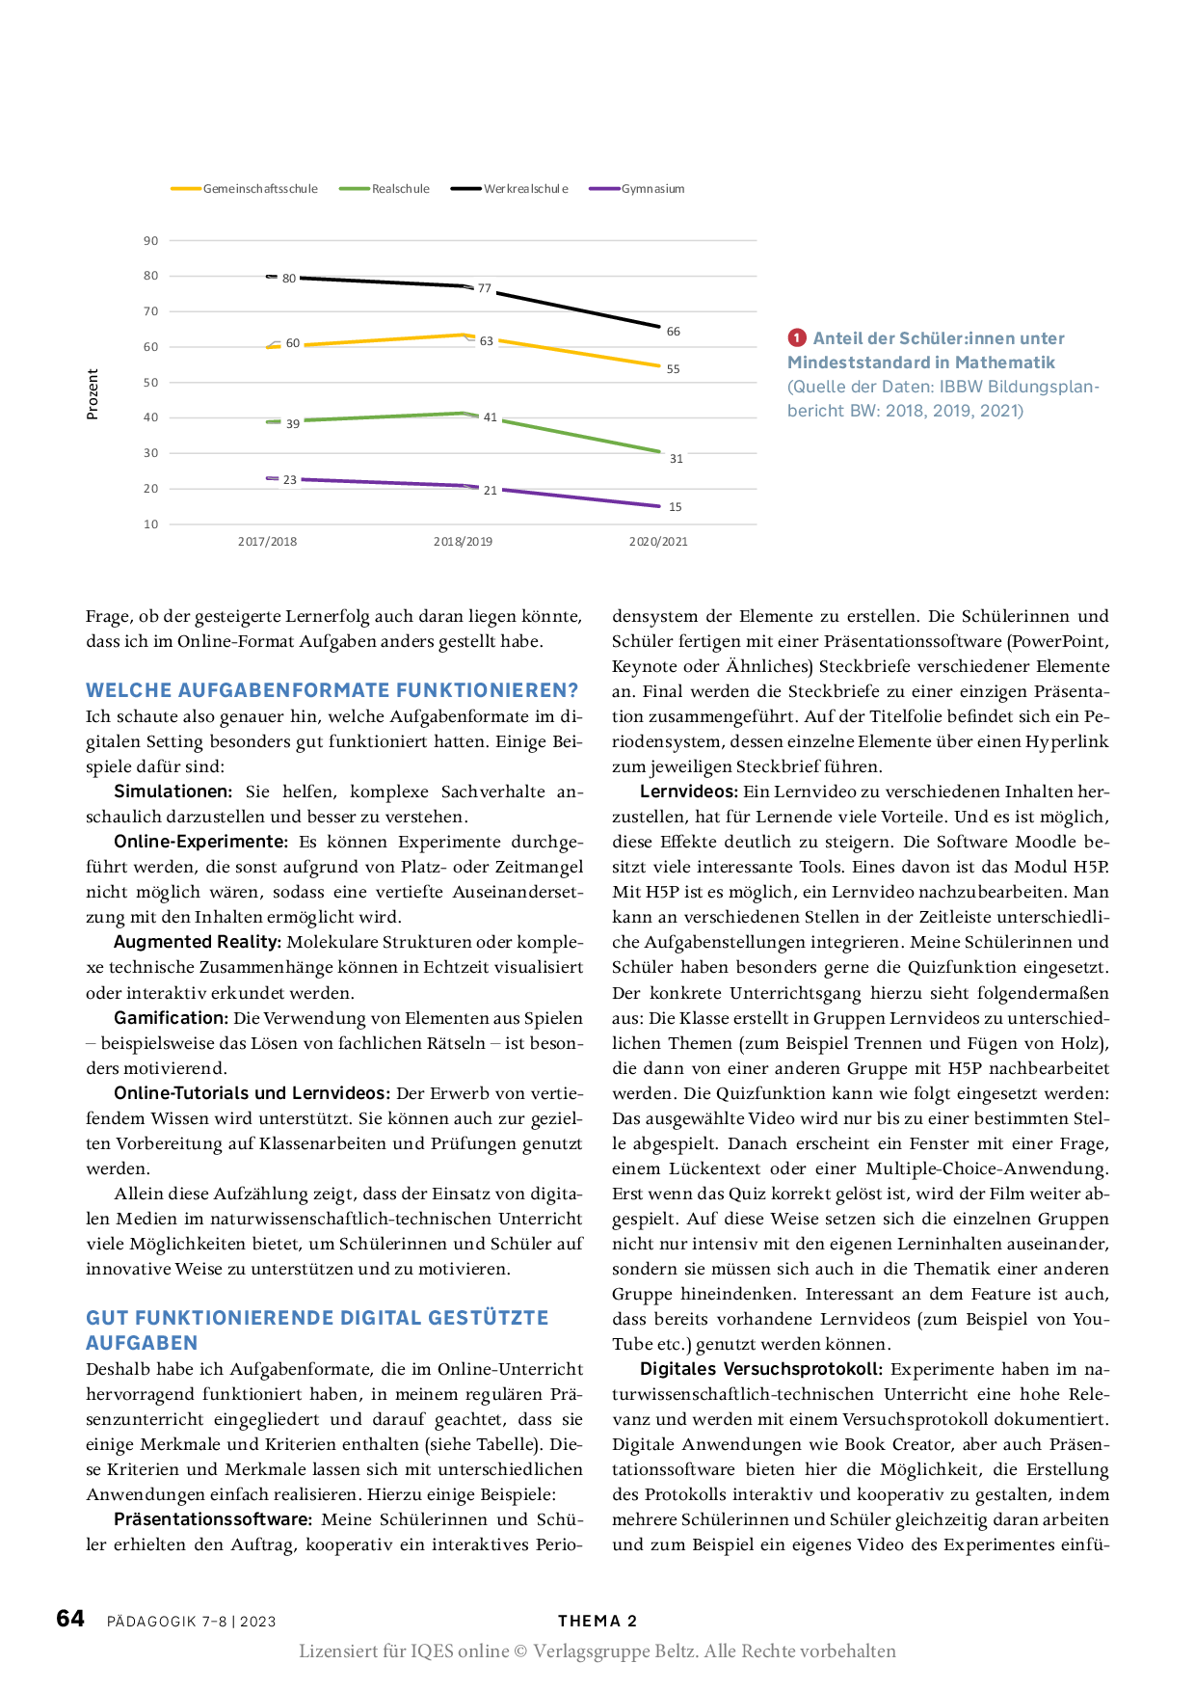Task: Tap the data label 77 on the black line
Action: click(x=485, y=288)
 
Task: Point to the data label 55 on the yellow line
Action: click(x=673, y=369)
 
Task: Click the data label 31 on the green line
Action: click(x=676, y=459)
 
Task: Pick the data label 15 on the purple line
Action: click(x=675, y=507)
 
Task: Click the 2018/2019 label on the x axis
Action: click(x=463, y=542)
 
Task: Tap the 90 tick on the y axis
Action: click(x=151, y=241)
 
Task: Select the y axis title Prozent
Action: click(x=93, y=393)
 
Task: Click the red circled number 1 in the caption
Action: click(x=797, y=338)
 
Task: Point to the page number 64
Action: click(x=70, y=1619)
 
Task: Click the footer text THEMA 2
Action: click(x=597, y=1622)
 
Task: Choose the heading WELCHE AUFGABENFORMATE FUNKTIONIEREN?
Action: click(x=332, y=690)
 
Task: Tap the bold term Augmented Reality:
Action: click(x=198, y=942)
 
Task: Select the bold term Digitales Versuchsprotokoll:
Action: click(x=761, y=1369)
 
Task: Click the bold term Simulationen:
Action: click(x=173, y=792)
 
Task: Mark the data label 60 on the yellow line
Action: click(x=293, y=343)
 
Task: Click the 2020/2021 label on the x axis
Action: click(x=658, y=542)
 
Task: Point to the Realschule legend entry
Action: click(x=400, y=189)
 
